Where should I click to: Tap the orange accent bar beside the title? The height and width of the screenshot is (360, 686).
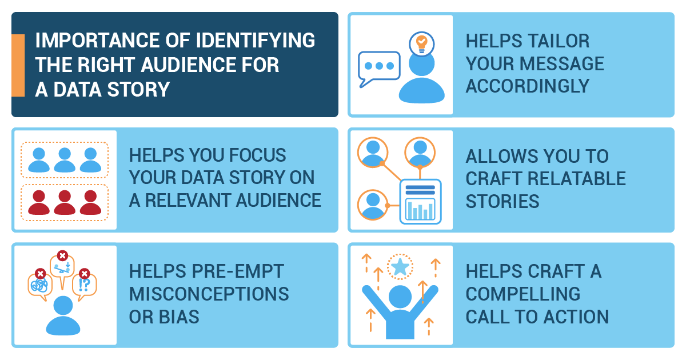pos(18,65)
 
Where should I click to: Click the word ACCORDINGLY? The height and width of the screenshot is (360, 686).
pos(527,86)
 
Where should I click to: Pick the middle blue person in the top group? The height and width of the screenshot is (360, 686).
pos(65,160)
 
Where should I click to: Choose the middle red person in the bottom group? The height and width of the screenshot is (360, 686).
pos(65,202)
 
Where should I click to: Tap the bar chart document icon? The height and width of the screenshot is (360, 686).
pos(420,200)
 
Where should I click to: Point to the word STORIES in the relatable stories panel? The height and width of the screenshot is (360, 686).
pos(502,201)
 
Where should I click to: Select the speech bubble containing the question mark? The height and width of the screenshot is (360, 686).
pos(85,283)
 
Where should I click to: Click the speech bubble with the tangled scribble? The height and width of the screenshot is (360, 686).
pos(40,285)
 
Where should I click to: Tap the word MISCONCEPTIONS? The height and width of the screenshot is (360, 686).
pos(209,294)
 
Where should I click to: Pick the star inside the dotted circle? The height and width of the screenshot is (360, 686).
pos(400,267)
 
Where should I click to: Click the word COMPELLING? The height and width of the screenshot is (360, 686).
pos(523,294)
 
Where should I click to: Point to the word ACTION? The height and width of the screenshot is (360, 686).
pos(573,317)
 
